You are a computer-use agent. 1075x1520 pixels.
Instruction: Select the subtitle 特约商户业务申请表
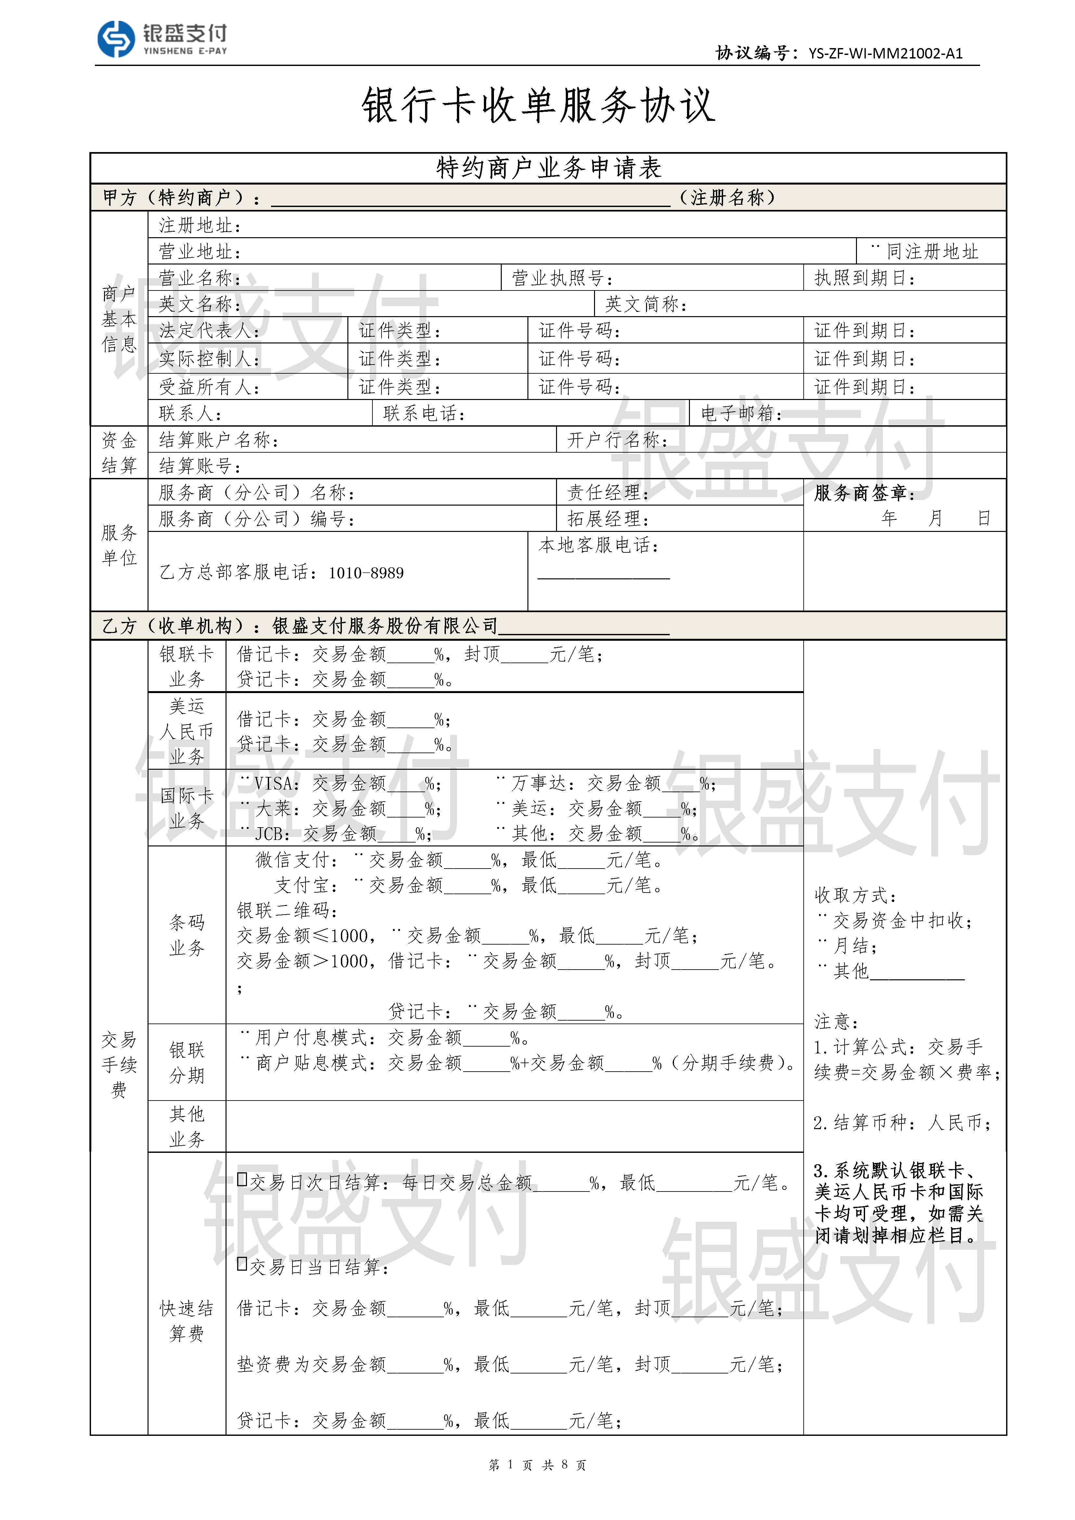click(x=548, y=168)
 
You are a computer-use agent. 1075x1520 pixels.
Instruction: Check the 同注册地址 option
click(x=876, y=250)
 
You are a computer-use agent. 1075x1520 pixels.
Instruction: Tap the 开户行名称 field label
click(x=617, y=440)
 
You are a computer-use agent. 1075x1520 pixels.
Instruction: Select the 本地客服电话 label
click(x=598, y=546)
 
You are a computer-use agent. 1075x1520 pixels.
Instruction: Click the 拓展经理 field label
click(x=608, y=519)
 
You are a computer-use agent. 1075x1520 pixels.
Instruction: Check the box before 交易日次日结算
click(x=242, y=1179)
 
